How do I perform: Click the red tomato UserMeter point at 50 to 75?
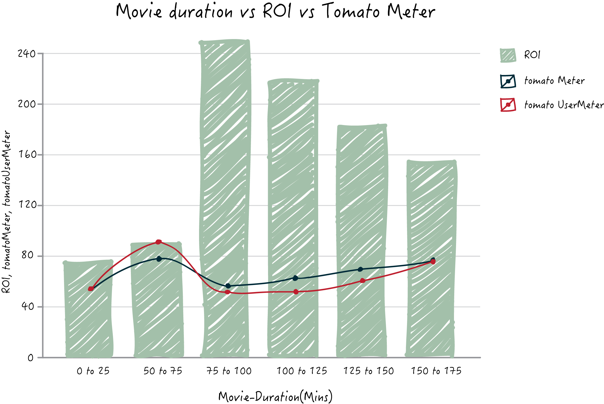coord(158,242)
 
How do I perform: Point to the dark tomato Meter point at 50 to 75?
coord(159,259)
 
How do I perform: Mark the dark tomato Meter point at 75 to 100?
coord(228,286)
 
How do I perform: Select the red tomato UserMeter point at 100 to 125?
coord(296,292)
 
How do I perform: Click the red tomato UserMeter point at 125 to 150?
coord(362,281)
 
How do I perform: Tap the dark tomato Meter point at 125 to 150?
coord(360,269)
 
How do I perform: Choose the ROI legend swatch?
coord(508,55)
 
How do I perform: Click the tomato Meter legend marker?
coord(508,81)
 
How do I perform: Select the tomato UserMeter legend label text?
coord(564,105)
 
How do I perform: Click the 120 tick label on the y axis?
coord(27,204)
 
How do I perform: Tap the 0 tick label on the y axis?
coord(30,358)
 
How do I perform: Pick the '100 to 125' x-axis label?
coord(302,371)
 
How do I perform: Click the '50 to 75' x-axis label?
coord(163,371)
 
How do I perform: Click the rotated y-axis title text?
coord(6,212)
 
